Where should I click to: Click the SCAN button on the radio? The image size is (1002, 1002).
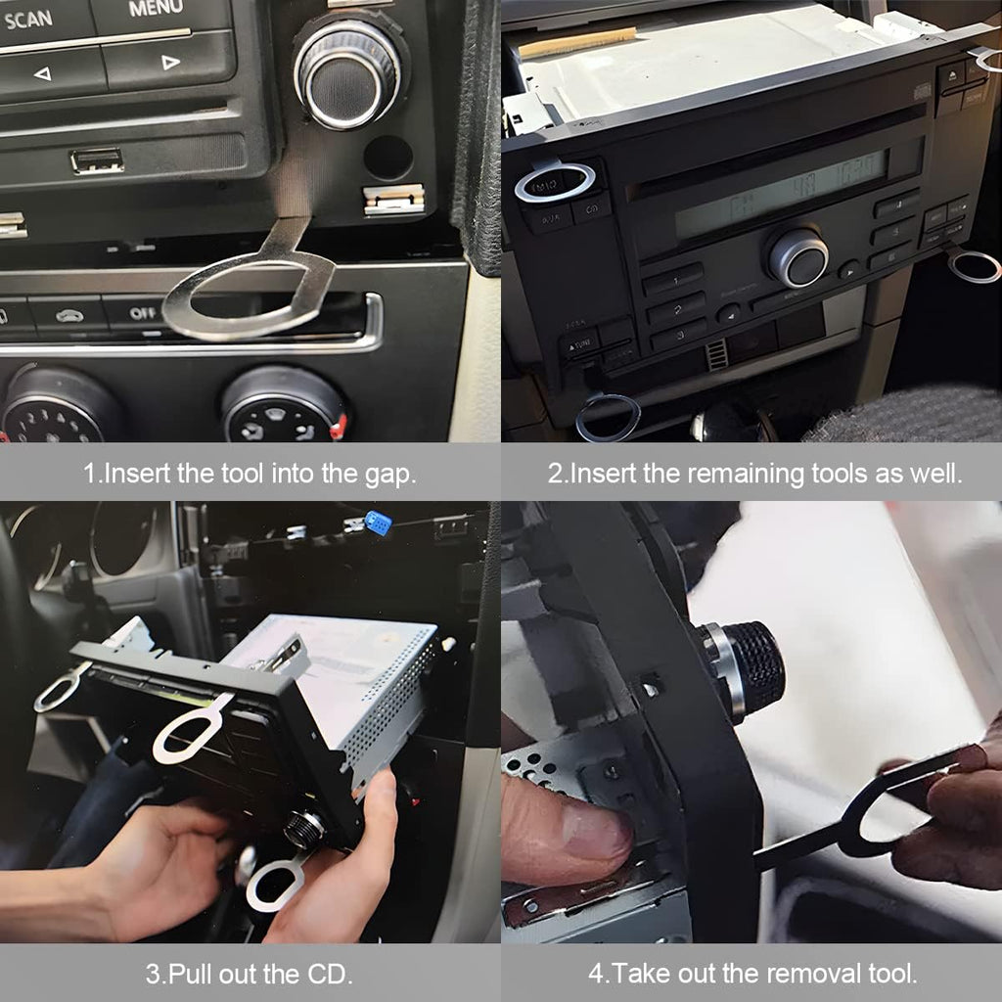(29, 18)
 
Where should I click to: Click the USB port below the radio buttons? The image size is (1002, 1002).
(97, 160)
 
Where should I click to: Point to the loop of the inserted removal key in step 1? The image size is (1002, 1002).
(249, 295)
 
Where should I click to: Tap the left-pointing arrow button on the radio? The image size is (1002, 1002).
(42, 73)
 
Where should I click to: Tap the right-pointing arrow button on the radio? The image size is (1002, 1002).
(169, 63)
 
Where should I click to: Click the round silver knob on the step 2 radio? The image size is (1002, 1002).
(797, 257)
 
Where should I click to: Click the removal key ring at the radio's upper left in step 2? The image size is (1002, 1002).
(555, 182)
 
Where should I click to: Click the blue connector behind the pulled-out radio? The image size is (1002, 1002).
(377, 524)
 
